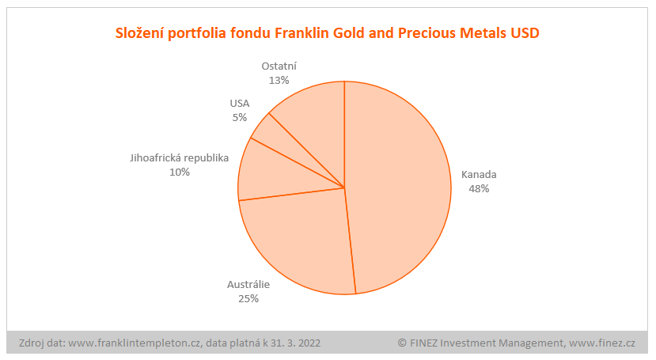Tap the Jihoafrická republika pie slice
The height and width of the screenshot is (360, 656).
pos(273,174)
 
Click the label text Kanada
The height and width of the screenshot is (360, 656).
pos(479,175)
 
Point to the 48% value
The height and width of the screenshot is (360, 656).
pos(479,189)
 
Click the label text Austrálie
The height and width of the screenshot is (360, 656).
pos(248,285)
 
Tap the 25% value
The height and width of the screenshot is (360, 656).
pos(248,299)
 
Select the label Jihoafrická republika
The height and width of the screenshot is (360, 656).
pos(180,157)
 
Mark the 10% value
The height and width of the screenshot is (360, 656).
pos(180,172)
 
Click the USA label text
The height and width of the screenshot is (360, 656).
pos(239,104)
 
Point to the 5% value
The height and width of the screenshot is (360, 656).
pos(239,117)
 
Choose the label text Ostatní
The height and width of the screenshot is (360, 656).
pos(279,66)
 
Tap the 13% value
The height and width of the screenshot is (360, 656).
pos(279,80)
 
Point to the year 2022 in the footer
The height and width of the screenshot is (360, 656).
pos(309,343)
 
